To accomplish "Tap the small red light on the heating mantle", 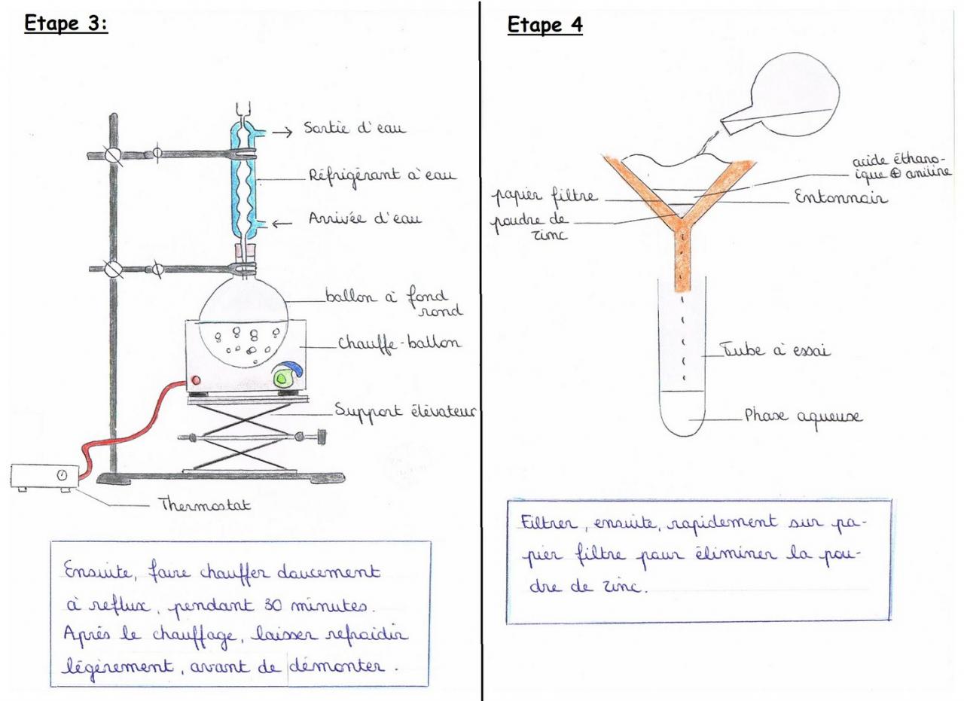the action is (x=198, y=379).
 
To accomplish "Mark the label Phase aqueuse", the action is (x=804, y=416).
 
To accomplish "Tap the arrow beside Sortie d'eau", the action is (x=282, y=133).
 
